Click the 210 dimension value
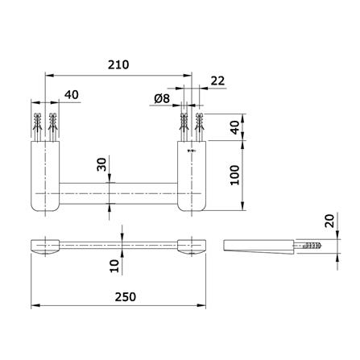(118, 64)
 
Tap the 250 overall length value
(126, 297)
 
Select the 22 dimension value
(217, 81)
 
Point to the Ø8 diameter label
(162, 98)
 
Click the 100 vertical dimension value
(235, 175)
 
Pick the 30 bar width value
(101, 164)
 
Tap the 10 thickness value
(114, 266)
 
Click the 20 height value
(329, 221)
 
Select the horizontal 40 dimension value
(72, 94)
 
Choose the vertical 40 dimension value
(235, 127)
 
